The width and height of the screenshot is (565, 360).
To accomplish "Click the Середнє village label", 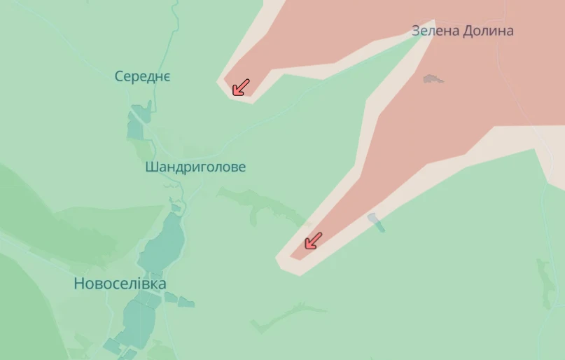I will pos(143,76).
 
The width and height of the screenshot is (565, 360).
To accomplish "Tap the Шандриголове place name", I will pos(195,167).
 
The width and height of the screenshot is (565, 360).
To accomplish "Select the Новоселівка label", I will pos(120,284).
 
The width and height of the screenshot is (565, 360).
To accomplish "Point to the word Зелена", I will pos(435,31).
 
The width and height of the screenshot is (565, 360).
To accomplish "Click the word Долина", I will pos(487,31).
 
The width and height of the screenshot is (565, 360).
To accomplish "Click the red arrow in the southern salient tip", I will pos(312,241).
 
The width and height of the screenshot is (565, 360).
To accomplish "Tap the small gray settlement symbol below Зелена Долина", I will pos(433,78).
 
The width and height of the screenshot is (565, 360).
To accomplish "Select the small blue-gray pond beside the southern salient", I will pos(376,222).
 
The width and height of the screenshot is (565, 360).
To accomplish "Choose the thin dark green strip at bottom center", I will pos(287,316).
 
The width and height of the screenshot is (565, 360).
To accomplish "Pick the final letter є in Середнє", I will pos(166,77).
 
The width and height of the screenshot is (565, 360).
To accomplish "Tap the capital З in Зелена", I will pos(416,31).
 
